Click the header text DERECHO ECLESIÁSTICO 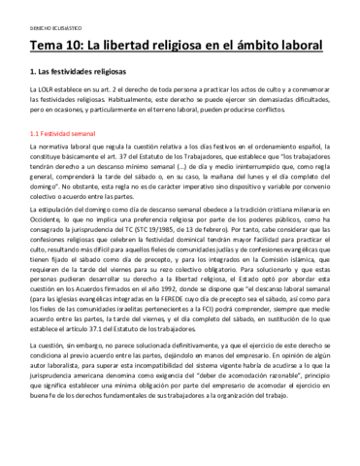(47, 17)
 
